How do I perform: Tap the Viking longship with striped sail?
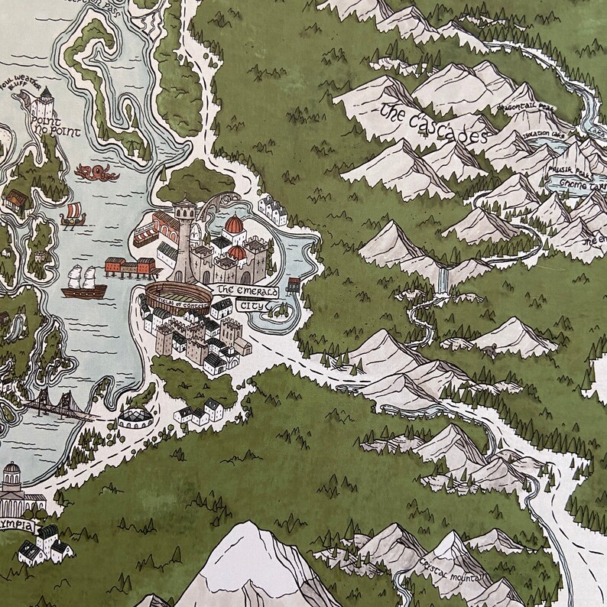[x=74, y=216]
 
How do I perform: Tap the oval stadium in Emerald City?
[x=176, y=298]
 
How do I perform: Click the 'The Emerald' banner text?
[x=245, y=291]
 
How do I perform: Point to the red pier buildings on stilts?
[x=129, y=268]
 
